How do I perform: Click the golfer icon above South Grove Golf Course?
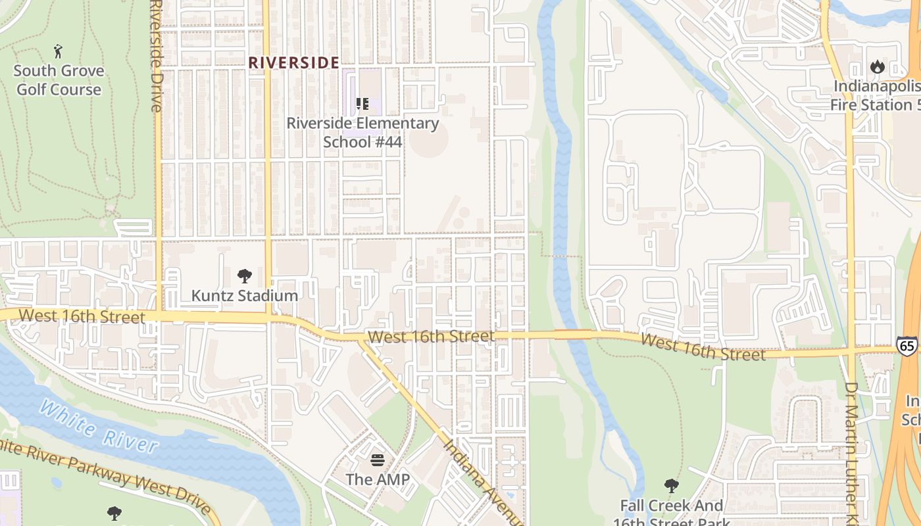[x=59, y=51]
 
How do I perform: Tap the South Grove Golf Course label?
[x=59, y=80]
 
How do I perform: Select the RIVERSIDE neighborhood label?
[x=293, y=63]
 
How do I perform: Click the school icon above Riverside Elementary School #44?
[x=362, y=104]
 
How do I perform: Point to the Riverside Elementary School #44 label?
[x=362, y=132]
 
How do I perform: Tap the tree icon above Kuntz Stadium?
[x=245, y=276]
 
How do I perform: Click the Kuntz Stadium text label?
[x=245, y=296]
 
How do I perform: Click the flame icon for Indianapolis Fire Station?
[x=877, y=66]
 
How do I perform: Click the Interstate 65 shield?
[x=906, y=347]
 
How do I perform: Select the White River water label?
[x=99, y=426]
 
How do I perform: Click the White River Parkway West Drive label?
[x=105, y=475]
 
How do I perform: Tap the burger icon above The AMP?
[x=378, y=460]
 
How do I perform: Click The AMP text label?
[x=378, y=479]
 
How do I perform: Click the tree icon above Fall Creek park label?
[x=671, y=486]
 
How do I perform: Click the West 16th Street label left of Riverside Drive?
[x=82, y=316]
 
